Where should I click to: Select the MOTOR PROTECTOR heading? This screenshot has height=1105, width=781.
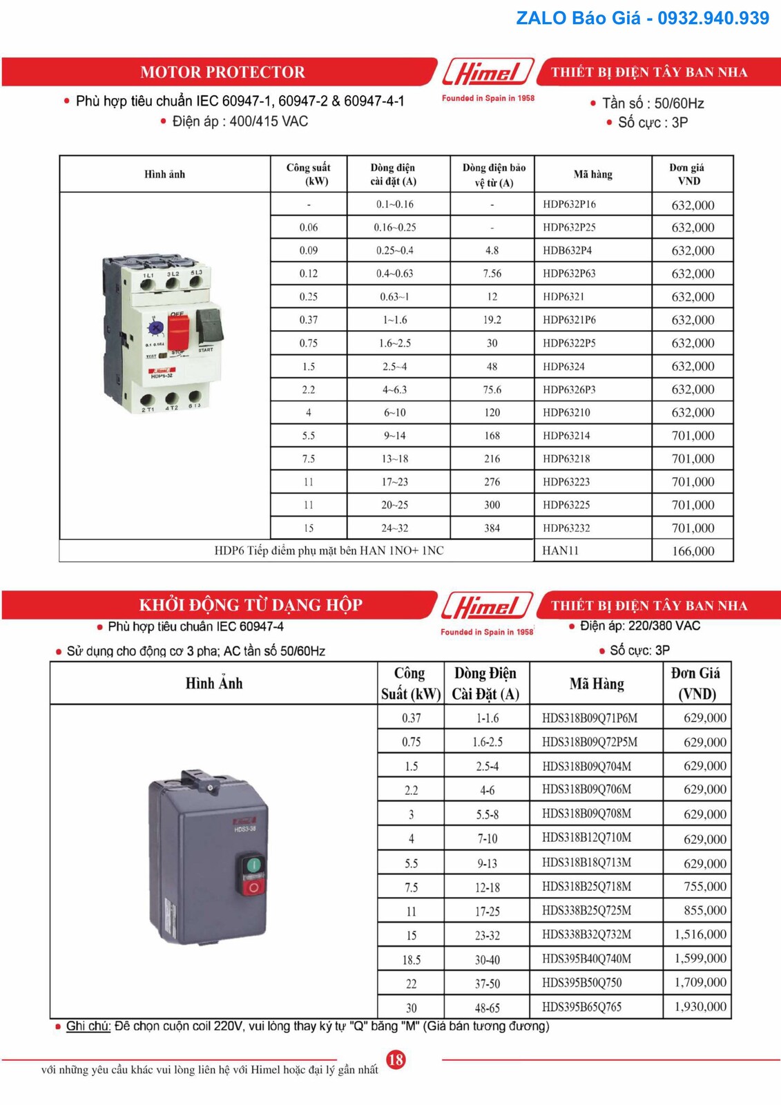(222, 72)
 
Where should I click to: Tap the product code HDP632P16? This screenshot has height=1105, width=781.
(569, 204)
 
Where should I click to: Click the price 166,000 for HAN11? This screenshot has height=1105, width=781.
(693, 551)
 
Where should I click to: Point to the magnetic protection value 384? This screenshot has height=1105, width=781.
(492, 528)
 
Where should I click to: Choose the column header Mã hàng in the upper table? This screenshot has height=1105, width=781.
(592, 174)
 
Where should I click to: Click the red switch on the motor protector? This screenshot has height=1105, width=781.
(178, 332)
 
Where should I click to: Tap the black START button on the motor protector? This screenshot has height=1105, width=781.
(210, 325)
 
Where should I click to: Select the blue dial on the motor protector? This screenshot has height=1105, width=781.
(157, 327)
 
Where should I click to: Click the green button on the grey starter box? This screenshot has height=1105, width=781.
(253, 865)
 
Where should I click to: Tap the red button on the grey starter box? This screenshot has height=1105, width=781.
(253, 887)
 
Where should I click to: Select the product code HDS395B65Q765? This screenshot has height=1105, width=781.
(581, 1007)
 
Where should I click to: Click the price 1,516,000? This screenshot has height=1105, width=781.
(700, 934)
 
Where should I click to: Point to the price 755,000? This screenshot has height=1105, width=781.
(704, 886)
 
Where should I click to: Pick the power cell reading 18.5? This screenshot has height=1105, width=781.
(411, 960)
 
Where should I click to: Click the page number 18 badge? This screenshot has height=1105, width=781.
(396, 1059)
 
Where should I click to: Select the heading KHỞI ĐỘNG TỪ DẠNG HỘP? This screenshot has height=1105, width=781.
(251, 605)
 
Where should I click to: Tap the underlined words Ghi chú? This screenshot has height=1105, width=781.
(88, 1026)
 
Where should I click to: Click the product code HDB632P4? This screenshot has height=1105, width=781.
(567, 251)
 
